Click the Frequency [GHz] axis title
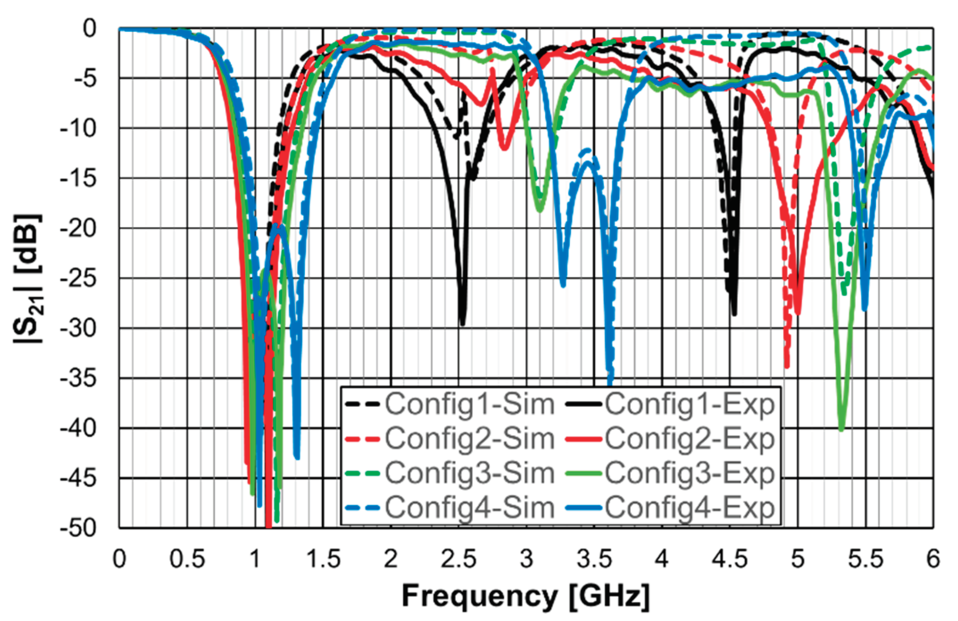tap(526, 596)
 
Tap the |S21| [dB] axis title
tap(28, 278)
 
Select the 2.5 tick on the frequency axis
tap(458, 559)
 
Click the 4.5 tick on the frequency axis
tap(730, 559)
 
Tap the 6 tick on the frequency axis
tap(933, 559)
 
